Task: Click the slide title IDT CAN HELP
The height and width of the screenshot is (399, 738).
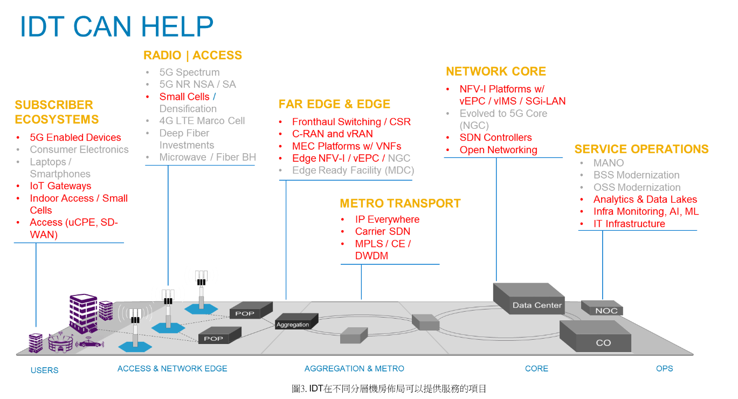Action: click(116, 27)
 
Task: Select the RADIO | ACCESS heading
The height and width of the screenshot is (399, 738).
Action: click(192, 56)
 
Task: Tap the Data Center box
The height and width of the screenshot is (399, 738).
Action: click(536, 305)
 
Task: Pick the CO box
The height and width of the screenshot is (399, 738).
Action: click(603, 342)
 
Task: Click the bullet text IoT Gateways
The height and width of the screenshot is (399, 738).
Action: click(60, 186)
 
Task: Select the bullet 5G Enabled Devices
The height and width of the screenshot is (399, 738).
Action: click(75, 137)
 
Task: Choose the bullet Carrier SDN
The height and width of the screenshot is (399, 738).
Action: click(382, 232)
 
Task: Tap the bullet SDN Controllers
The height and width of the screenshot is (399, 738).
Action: click(495, 137)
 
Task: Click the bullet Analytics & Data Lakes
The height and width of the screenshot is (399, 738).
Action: click(645, 200)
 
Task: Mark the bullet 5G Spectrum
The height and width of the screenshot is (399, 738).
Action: click(189, 72)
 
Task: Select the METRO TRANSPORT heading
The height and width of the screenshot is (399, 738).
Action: click(400, 203)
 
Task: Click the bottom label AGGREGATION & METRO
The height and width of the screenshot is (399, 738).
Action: click(354, 369)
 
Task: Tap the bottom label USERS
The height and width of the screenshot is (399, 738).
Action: click(44, 370)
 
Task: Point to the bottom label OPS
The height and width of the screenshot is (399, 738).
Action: click(664, 369)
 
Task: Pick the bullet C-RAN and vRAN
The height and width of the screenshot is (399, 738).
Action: click(332, 134)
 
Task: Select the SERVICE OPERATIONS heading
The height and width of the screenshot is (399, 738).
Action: click(641, 149)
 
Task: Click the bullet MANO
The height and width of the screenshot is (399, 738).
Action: click(608, 163)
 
